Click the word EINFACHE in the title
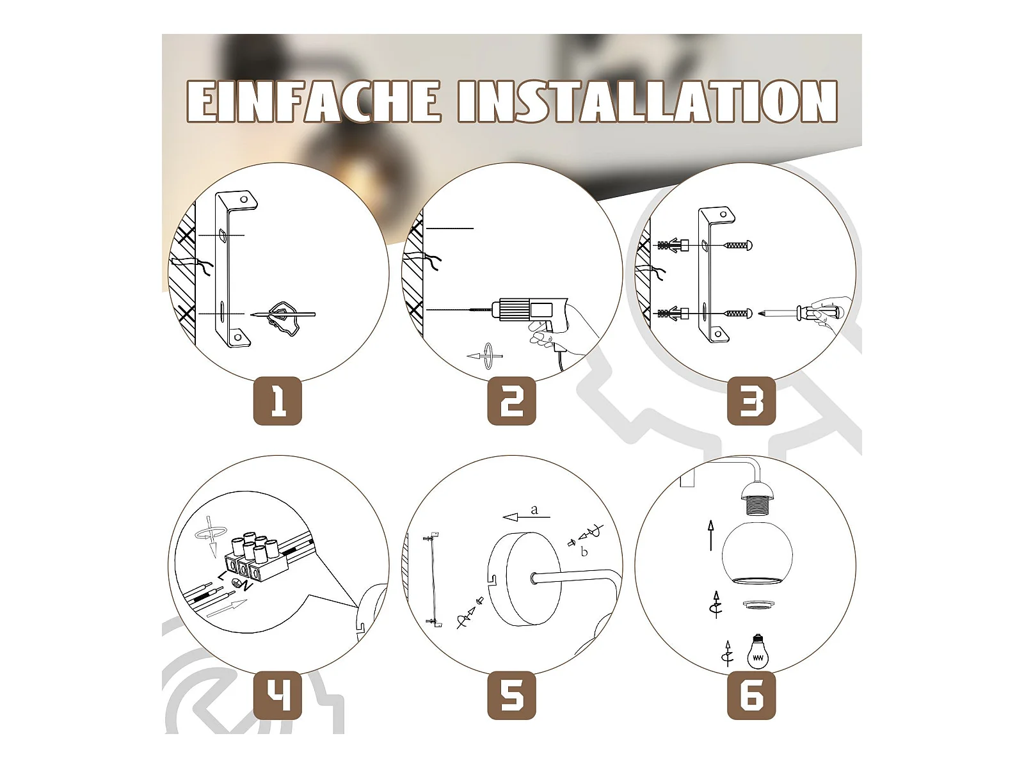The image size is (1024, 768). tap(314, 101)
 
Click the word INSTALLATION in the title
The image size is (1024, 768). tap(648, 101)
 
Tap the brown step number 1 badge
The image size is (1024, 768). tap(278, 401)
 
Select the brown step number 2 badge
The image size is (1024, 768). tap(512, 401)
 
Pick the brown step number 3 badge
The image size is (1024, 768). tap(751, 401)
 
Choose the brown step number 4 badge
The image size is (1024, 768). tap(278, 695)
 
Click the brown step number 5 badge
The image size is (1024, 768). tap(512, 695)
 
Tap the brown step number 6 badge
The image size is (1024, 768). tap(751, 695)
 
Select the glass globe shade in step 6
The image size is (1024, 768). tap(756, 554)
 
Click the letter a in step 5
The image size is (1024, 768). tap(534, 509)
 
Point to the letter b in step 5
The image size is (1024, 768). tap(584, 552)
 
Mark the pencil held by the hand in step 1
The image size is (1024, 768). tap(283, 315)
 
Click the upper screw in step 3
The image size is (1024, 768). tap(737, 245)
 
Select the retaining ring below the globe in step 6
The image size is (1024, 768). tap(756, 605)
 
